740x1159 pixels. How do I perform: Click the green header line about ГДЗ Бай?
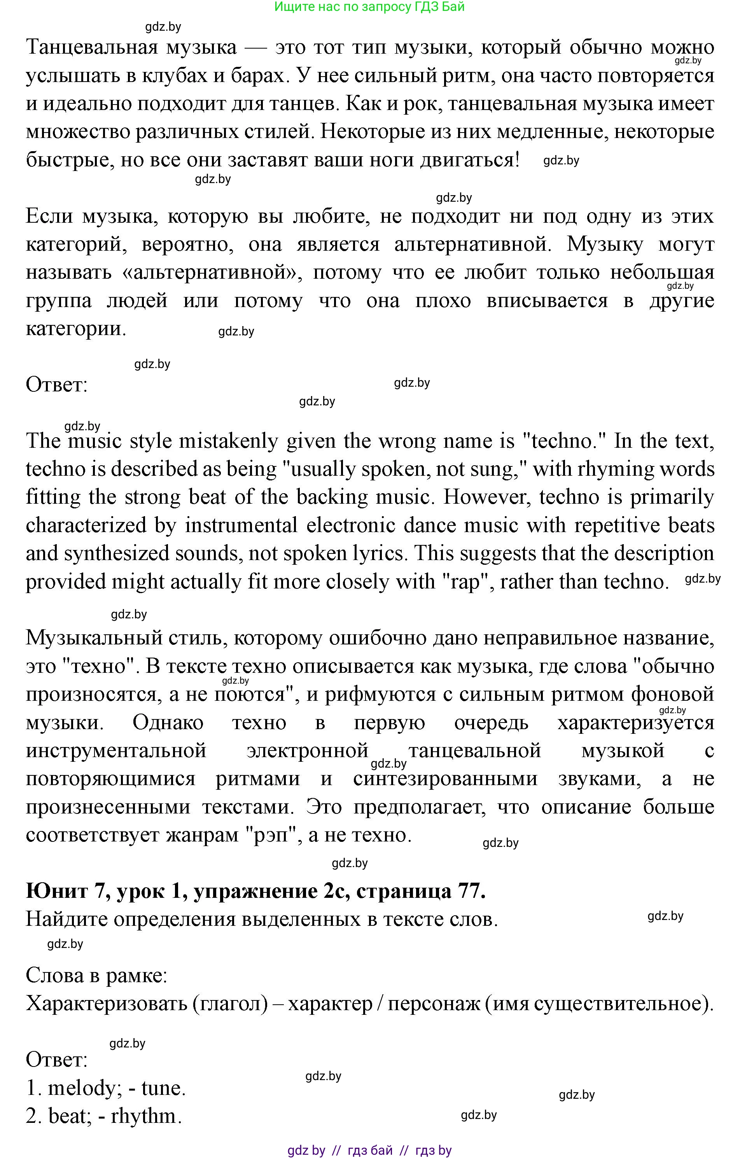coord(369,7)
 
